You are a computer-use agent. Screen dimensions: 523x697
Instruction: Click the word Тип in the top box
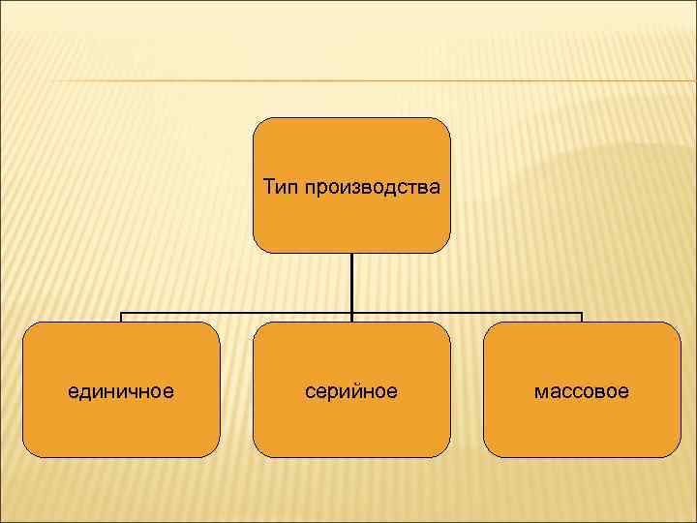[x=281, y=186]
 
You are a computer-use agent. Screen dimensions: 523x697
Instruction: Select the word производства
[x=372, y=186]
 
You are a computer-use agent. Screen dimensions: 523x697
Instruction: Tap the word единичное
[x=121, y=391]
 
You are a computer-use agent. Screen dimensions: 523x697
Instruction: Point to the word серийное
[x=351, y=391]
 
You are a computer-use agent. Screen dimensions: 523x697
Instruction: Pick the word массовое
[x=582, y=391]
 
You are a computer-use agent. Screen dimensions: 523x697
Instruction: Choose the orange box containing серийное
[x=351, y=426]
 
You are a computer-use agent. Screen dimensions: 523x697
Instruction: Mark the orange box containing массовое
[x=582, y=426]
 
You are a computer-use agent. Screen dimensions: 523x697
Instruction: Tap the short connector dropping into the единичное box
[x=121, y=318]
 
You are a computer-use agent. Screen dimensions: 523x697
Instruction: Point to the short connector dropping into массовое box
[x=582, y=318]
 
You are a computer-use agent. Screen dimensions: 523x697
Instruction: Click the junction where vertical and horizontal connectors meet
[x=351, y=313]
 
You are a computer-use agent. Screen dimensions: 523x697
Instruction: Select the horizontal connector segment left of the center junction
[x=237, y=313]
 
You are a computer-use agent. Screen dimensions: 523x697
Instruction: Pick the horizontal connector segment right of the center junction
[x=465, y=313]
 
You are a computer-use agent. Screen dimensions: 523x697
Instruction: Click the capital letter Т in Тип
[x=269, y=186]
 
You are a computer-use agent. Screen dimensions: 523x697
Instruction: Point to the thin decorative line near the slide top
[x=348, y=80]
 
